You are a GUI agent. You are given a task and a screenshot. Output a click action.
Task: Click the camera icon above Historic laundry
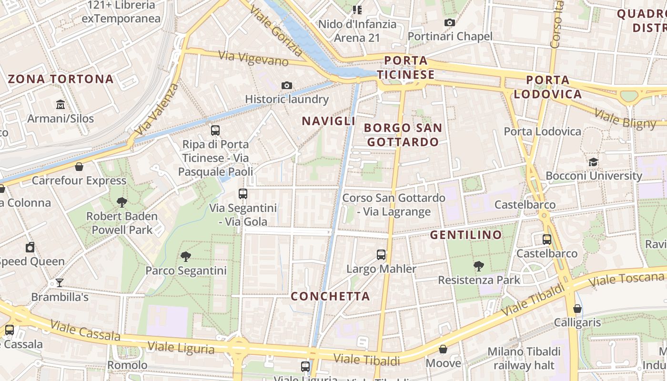pyautogui.click(x=286, y=85)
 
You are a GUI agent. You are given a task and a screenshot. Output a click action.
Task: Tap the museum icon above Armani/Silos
pyautogui.click(x=61, y=104)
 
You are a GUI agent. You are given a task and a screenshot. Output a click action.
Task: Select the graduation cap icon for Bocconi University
pyautogui.click(x=593, y=162)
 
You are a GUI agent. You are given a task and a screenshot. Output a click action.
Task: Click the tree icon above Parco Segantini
pyautogui.click(x=186, y=257)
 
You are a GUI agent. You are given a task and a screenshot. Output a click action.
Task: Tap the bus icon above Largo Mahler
pyautogui.click(x=381, y=254)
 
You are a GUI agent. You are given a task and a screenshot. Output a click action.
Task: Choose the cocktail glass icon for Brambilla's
pyautogui.click(x=60, y=283)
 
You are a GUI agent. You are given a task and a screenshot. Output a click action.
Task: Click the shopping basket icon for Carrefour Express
pyautogui.click(x=79, y=167)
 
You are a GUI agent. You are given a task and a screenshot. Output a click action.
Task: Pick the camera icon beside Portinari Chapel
pyautogui.click(x=449, y=22)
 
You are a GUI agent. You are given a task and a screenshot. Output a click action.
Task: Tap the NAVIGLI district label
pyautogui.click(x=329, y=121)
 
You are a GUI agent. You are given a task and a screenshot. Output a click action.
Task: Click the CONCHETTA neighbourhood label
pyautogui.click(x=330, y=296)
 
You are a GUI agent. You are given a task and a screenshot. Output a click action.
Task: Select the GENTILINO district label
pyautogui.click(x=466, y=235)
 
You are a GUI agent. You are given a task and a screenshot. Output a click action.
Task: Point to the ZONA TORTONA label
pyautogui.click(x=61, y=79)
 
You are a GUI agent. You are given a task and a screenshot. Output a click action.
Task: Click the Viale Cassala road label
pyautogui.click(x=85, y=331)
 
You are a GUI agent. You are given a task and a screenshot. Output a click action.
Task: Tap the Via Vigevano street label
pyautogui.click(x=253, y=59)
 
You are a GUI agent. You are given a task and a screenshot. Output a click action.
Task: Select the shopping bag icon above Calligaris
pyautogui.click(x=577, y=309)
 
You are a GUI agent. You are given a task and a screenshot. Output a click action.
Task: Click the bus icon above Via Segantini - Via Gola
pyautogui.click(x=243, y=194)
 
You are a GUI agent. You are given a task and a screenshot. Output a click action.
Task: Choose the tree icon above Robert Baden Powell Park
pyautogui.click(x=122, y=202)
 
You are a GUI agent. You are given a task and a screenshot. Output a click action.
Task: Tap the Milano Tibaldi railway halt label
pyautogui.click(x=524, y=358)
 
